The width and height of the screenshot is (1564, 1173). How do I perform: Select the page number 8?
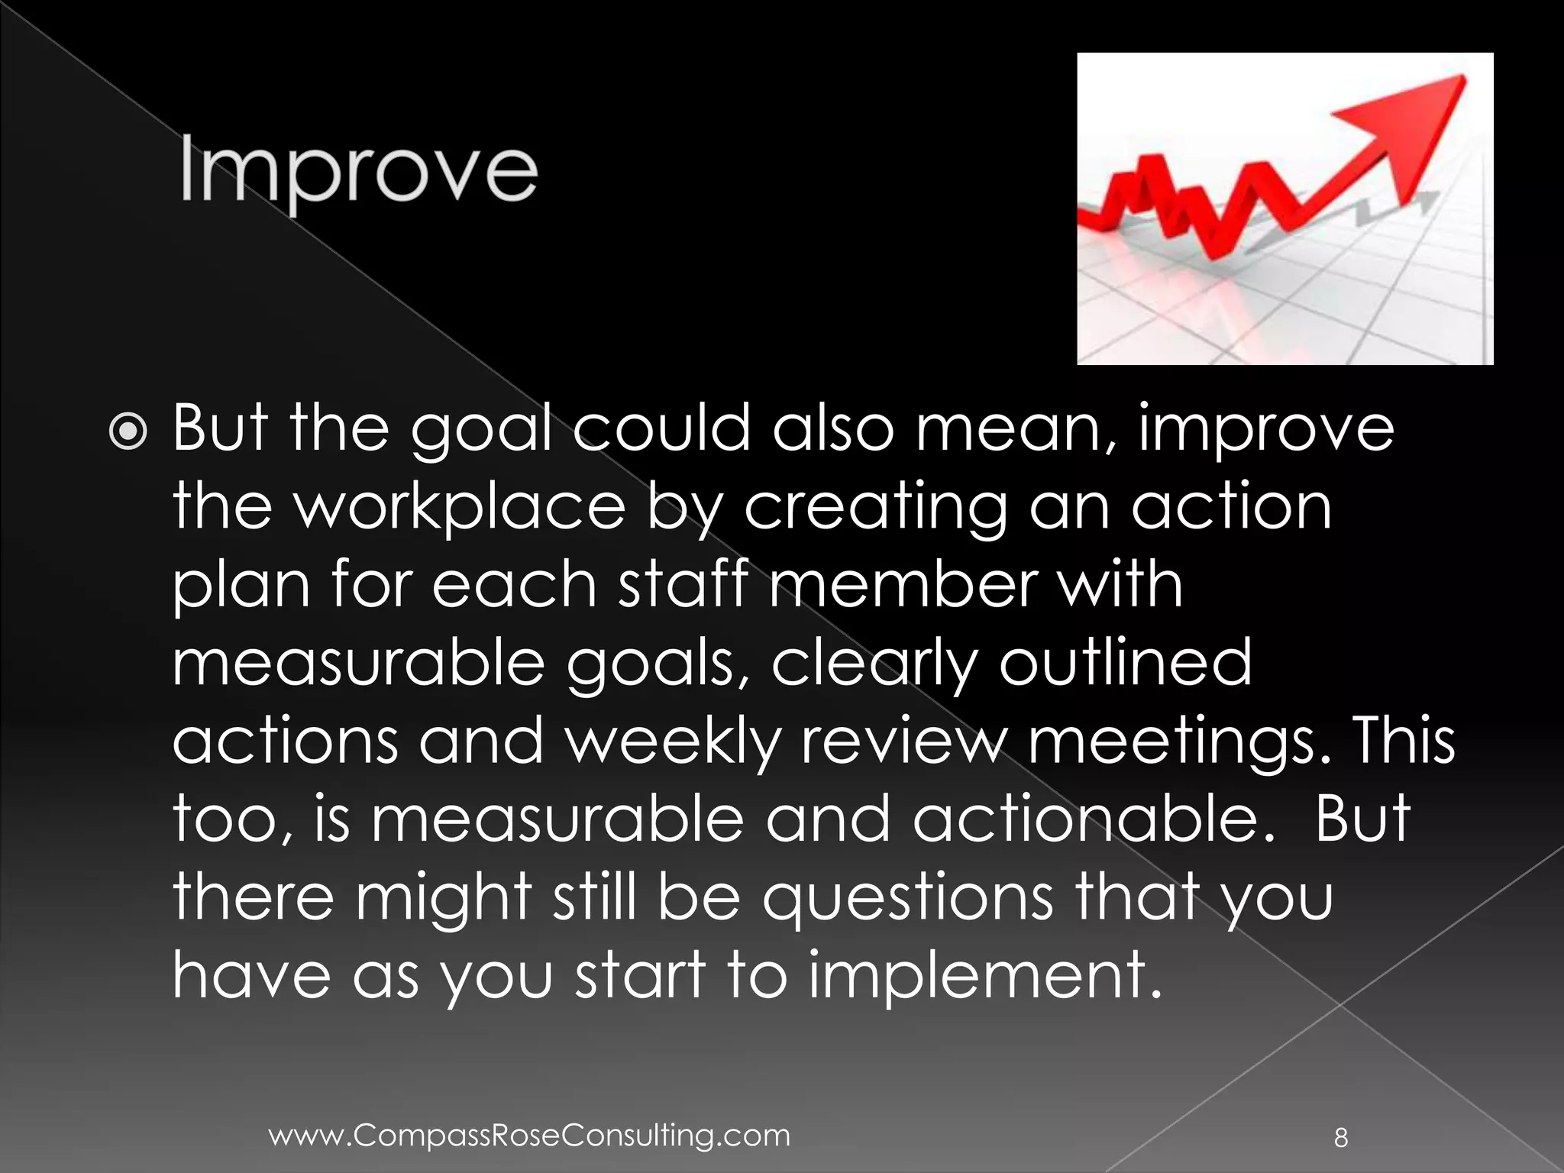coord(1340,1139)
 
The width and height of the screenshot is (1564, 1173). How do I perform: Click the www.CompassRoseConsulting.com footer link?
coord(529,1136)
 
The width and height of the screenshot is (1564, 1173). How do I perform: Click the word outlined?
coord(1126,663)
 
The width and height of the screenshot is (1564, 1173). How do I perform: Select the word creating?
coord(875,508)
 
